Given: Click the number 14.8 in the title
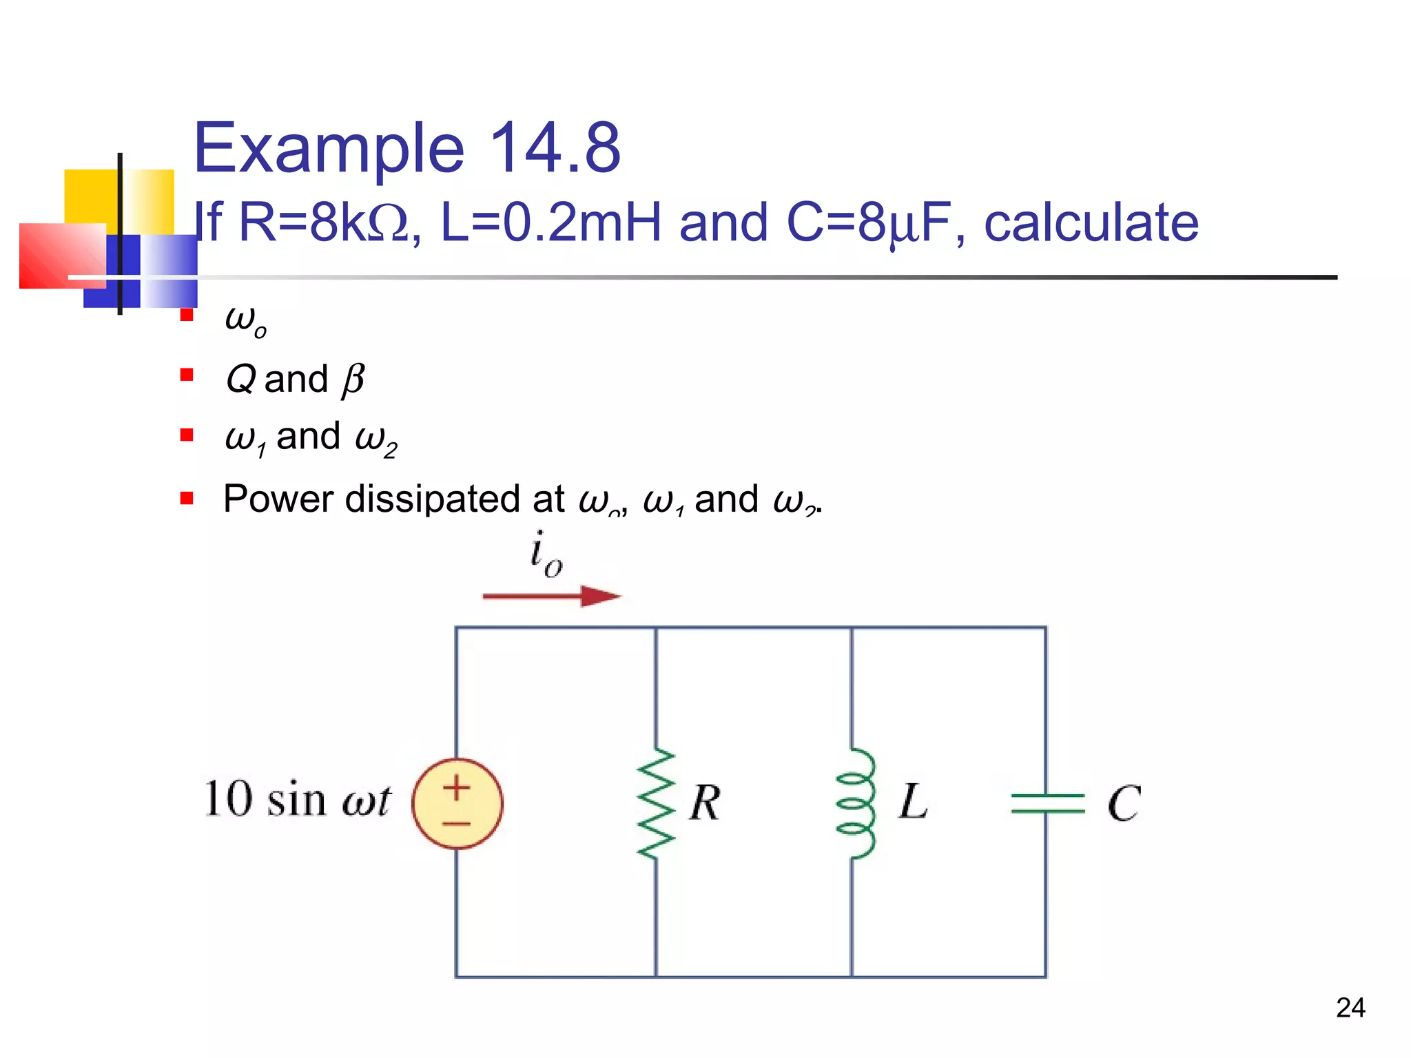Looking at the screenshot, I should pyautogui.click(x=555, y=148).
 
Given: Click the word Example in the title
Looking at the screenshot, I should pyautogui.click(x=329, y=148).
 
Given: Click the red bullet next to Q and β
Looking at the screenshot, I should pyautogui.click(x=187, y=375).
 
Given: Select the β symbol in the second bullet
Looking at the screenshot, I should pyautogui.click(x=353, y=380).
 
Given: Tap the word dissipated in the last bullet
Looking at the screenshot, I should pyautogui.click(x=454, y=499).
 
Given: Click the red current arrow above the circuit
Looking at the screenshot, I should pyautogui.click(x=551, y=596).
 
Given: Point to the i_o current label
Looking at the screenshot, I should pyautogui.click(x=546, y=554).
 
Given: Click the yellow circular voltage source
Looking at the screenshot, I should pyautogui.click(x=457, y=803).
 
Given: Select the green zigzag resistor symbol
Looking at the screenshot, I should pyautogui.click(x=656, y=803).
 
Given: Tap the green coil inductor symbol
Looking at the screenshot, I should pyautogui.click(x=856, y=803).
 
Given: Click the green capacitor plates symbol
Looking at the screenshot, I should pyautogui.click(x=1047, y=803).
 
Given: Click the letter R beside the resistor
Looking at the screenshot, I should pyautogui.click(x=705, y=803).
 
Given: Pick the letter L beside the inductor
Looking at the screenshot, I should pyautogui.click(x=913, y=802).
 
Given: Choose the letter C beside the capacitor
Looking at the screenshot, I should pyautogui.click(x=1124, y=803).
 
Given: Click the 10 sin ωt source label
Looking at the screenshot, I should pyautogui.click(x=298, y=800).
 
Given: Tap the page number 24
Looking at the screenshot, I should pyautogui.click(x=1350, y=1008).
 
